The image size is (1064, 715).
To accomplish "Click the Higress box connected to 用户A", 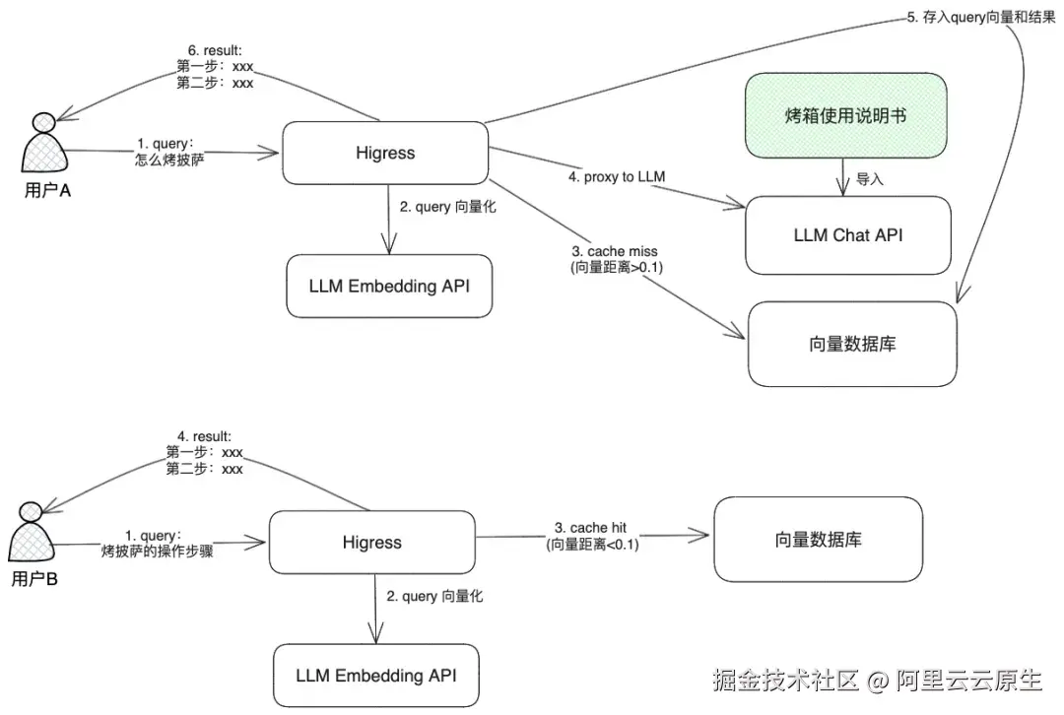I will tap(385, 153).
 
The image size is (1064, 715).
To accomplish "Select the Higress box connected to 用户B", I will tap(372, 543).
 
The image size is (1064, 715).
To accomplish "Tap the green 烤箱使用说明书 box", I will tap(845, 116).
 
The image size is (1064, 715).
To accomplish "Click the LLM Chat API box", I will tap(848, 235).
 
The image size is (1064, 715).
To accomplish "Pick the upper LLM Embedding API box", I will tap(388, 287).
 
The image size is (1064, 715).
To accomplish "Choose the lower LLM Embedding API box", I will tap(375, 676).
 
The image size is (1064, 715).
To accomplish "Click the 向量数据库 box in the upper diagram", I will tap(852, 344).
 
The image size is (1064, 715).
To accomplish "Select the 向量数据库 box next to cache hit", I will tap(818, 540).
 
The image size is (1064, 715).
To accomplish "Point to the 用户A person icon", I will tap(44, 149).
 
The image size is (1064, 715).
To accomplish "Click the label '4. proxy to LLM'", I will tap(618, 177).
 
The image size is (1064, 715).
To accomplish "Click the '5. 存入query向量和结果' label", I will tap(981, 18).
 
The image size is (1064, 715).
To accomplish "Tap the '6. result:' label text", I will tap(215, 49).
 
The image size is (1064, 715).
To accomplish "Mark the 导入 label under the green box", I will tap(870, 179).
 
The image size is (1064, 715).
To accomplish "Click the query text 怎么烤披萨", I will tap(169, 159).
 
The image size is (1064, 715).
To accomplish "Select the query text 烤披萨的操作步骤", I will tap(158, 552).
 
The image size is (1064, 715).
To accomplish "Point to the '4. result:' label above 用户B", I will tap(204, 436).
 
